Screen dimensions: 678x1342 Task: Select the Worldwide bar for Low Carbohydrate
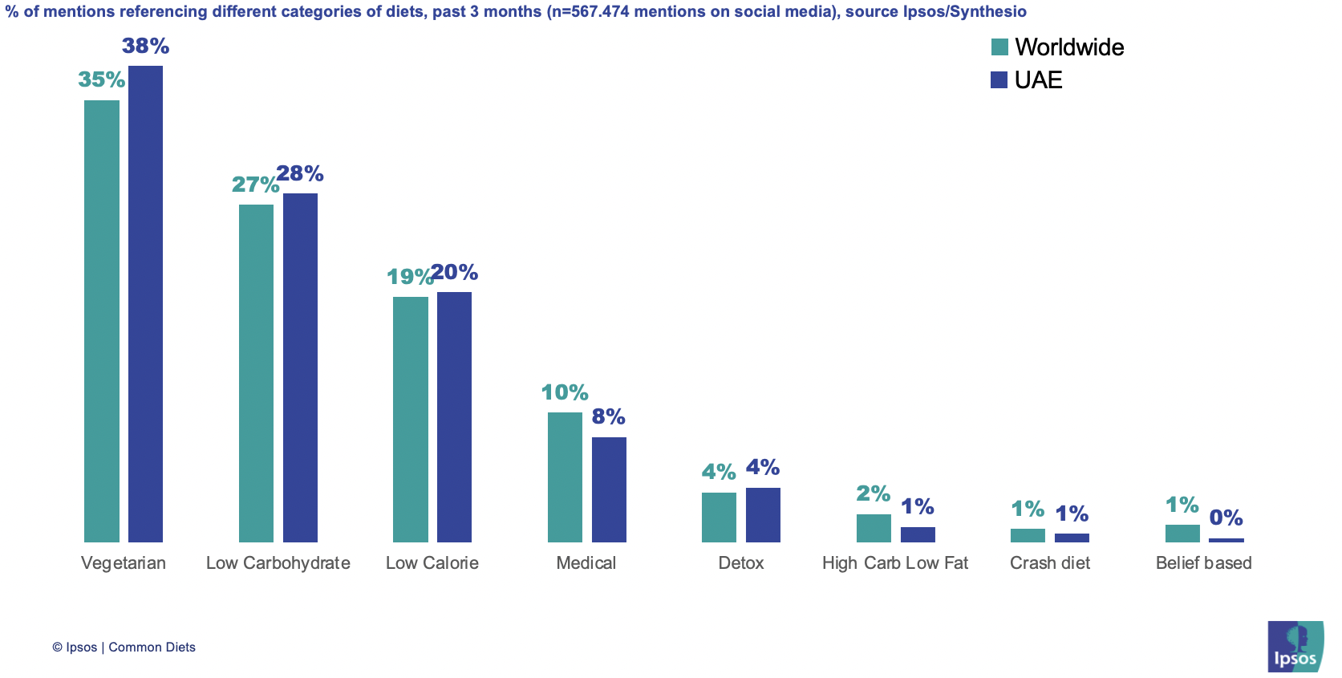[x=256, y=373]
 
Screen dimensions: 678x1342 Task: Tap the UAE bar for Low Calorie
[x=454, y=416]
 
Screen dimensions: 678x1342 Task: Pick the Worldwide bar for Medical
[x=565, y=477]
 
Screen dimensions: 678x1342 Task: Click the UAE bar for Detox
[x=763, y=514]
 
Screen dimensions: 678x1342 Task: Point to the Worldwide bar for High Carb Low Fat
[x=874, y=528]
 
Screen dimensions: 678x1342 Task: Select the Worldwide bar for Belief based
[x=1182, y=534]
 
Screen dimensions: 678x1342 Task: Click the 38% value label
[x=145, y=47]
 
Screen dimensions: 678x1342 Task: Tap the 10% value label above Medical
[x=565, y=392]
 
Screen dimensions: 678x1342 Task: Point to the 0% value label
[x=1226, y=518]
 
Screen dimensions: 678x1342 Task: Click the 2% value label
[x=873, y=493]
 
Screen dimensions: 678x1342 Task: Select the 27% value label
[x=255, y=185]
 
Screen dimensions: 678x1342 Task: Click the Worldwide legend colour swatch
[x=999, y=47]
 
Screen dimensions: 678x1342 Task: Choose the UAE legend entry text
[x=1038, y=80]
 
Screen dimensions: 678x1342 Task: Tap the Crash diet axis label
[x=1049, y=563]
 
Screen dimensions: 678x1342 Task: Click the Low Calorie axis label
[x=432, y=563]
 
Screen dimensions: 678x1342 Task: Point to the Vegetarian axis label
[x=124, y=563]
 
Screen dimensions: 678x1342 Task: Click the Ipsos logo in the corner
[x=1295, y=646]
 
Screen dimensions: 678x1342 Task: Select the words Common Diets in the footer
[x=152, y=648]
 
